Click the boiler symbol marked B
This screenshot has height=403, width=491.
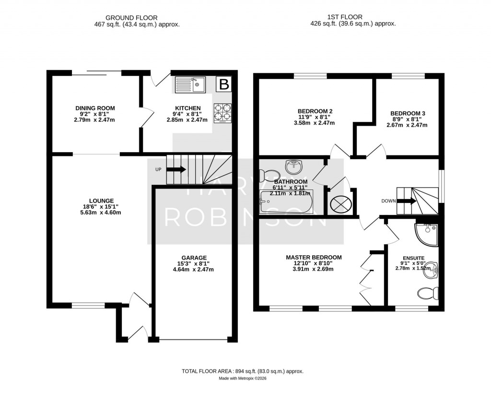click(224, 84)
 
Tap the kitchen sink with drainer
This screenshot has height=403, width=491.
click(190, 84)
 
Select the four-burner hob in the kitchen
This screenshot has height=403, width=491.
click(222, 113)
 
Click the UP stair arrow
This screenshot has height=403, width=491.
click(176, 169)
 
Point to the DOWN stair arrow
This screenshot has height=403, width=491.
click(407, 201)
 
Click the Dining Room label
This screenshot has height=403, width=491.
click(95, 108)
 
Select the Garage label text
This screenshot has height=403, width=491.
click(193, 258)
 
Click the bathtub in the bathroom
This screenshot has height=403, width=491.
click(286, 202)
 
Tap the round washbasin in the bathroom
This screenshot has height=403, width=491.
click(294, 166)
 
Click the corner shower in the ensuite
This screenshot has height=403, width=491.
click(426, 235)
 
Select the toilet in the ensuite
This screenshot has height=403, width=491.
click(428, 293)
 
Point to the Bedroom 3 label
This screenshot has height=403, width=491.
click(408, 113)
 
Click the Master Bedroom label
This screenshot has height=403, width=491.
click(314, 257)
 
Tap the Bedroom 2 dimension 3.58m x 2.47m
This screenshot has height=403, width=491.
click(315, 123)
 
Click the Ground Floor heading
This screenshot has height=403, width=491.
click(131, 18)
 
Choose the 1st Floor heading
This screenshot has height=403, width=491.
click(345, 17)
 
